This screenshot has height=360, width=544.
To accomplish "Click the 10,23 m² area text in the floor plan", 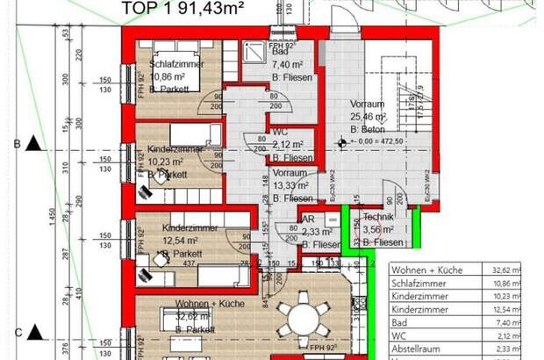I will click(168, 162).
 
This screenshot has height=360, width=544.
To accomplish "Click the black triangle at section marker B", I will click(34, 143).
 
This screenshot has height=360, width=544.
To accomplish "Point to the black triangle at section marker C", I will click(34, 331).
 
